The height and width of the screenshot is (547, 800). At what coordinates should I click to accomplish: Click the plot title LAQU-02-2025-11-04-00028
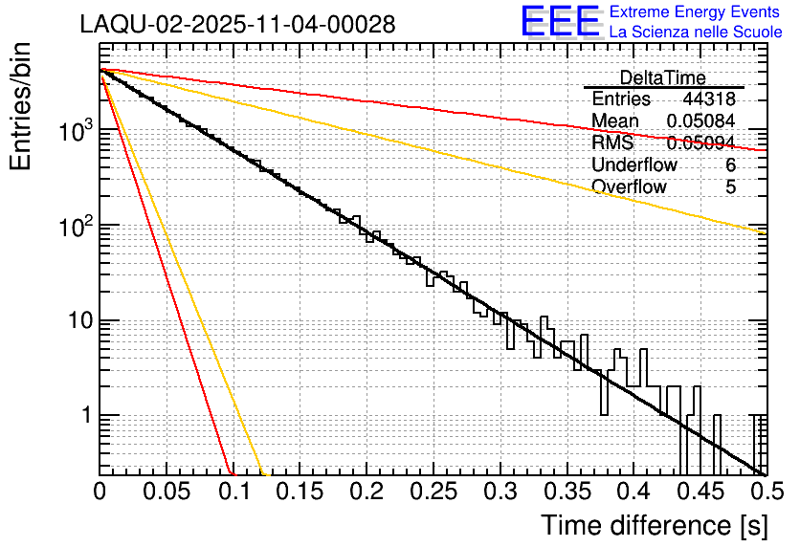[x=237, y=25]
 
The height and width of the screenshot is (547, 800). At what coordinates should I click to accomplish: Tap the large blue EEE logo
[x=560, y=22]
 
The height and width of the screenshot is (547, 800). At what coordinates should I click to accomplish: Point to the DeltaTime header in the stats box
[x=663, y=77]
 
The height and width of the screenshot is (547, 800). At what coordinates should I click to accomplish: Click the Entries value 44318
[x=708, y=99]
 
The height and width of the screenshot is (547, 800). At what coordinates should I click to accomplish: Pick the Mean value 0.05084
[x=700, y=120]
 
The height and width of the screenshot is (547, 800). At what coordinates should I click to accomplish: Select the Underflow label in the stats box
[x=634, y=164]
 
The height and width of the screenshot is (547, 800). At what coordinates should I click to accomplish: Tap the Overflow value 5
[x=730, y=186]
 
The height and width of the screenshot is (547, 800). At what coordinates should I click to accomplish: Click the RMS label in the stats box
[x=612, y=142]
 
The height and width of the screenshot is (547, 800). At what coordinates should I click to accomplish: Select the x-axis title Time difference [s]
[x=653, y=525]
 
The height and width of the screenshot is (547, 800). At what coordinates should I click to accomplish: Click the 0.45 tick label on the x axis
[x=698, y=492]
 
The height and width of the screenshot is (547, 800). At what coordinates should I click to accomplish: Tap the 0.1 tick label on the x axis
[x=233, y=492]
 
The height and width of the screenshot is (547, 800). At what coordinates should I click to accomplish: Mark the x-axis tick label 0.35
[x=565, y=492]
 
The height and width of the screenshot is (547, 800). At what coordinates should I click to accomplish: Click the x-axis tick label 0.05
[x=166, y=492]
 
